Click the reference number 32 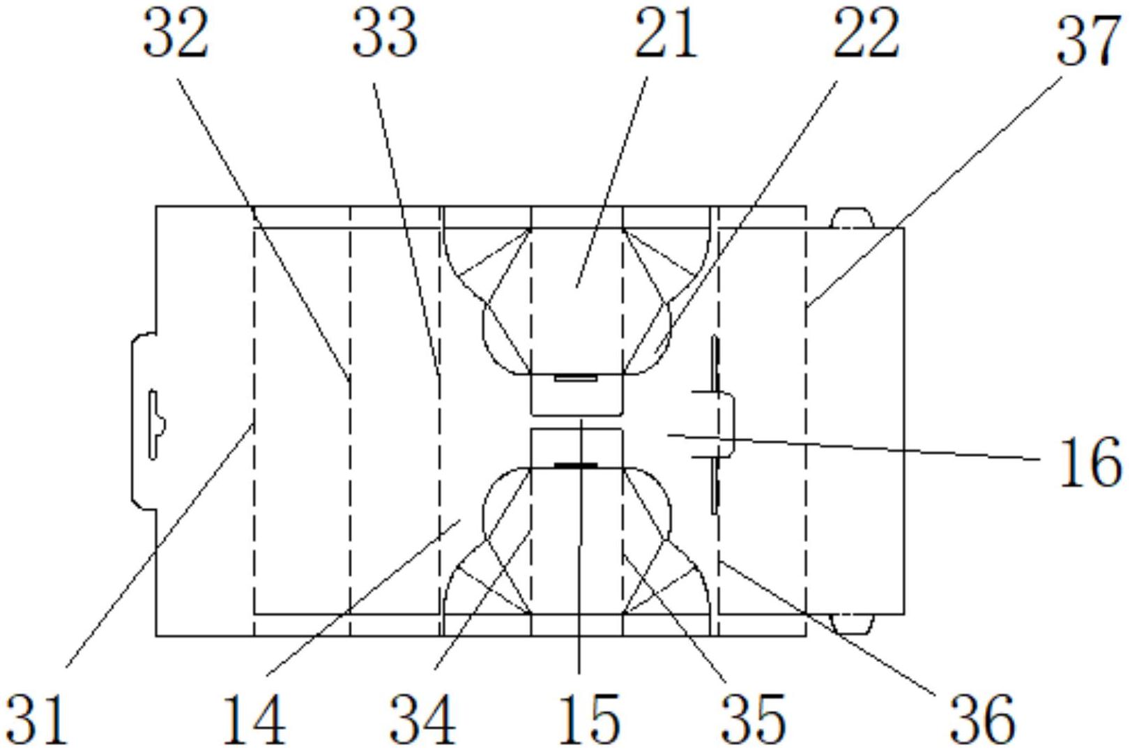(x=176, y=36)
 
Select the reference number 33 (x=384, y=36)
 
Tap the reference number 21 (x=665, y=36)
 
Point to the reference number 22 (x=866, y=36)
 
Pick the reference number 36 (x=982, y=719)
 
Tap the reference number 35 (x=753, y=719)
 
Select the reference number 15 (x=589, y=719)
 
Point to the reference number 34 (x=422, y=719)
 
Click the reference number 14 (x=254, y=719)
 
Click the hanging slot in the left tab (x=154, y=425)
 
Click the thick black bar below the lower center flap (x=576, y=465)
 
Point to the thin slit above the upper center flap (x=576, y=378)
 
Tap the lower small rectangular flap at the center (x=577, y=447)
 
